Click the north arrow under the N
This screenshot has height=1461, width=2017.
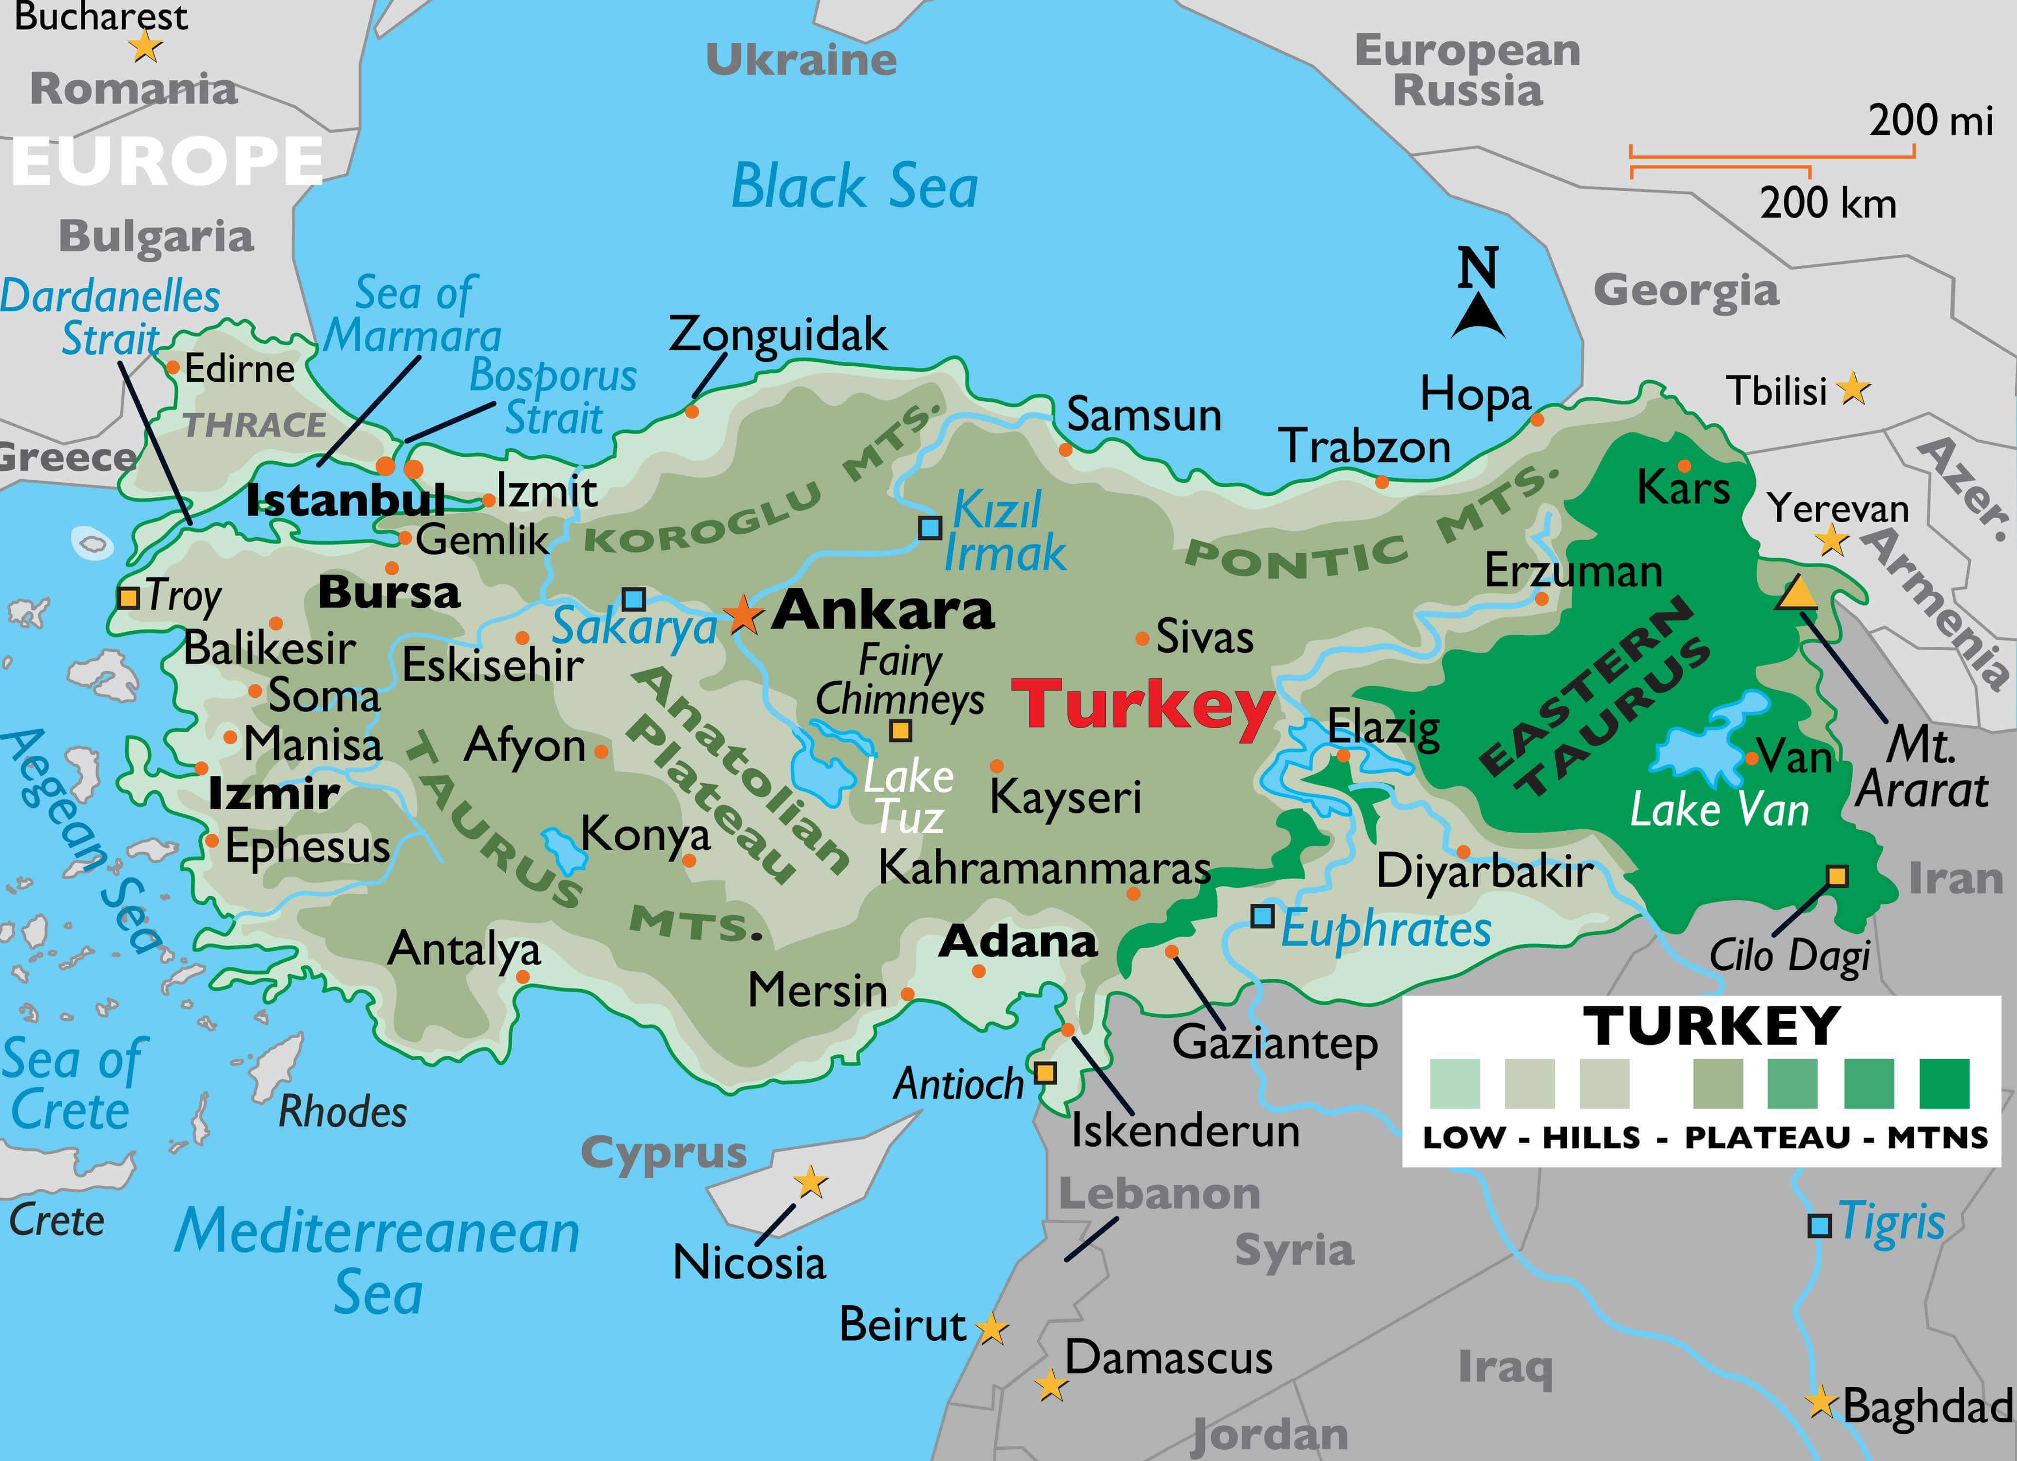point(1478,318)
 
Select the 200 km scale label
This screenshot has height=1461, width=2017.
point(1827,204)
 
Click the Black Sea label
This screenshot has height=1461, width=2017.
point(854,187)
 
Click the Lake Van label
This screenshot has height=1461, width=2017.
point(1719,810)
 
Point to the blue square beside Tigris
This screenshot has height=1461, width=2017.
point(1820,1226)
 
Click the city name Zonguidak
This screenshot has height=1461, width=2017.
point(777,335)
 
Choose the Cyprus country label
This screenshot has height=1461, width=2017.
point(664,1153)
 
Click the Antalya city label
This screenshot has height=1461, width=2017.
point(464,950)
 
